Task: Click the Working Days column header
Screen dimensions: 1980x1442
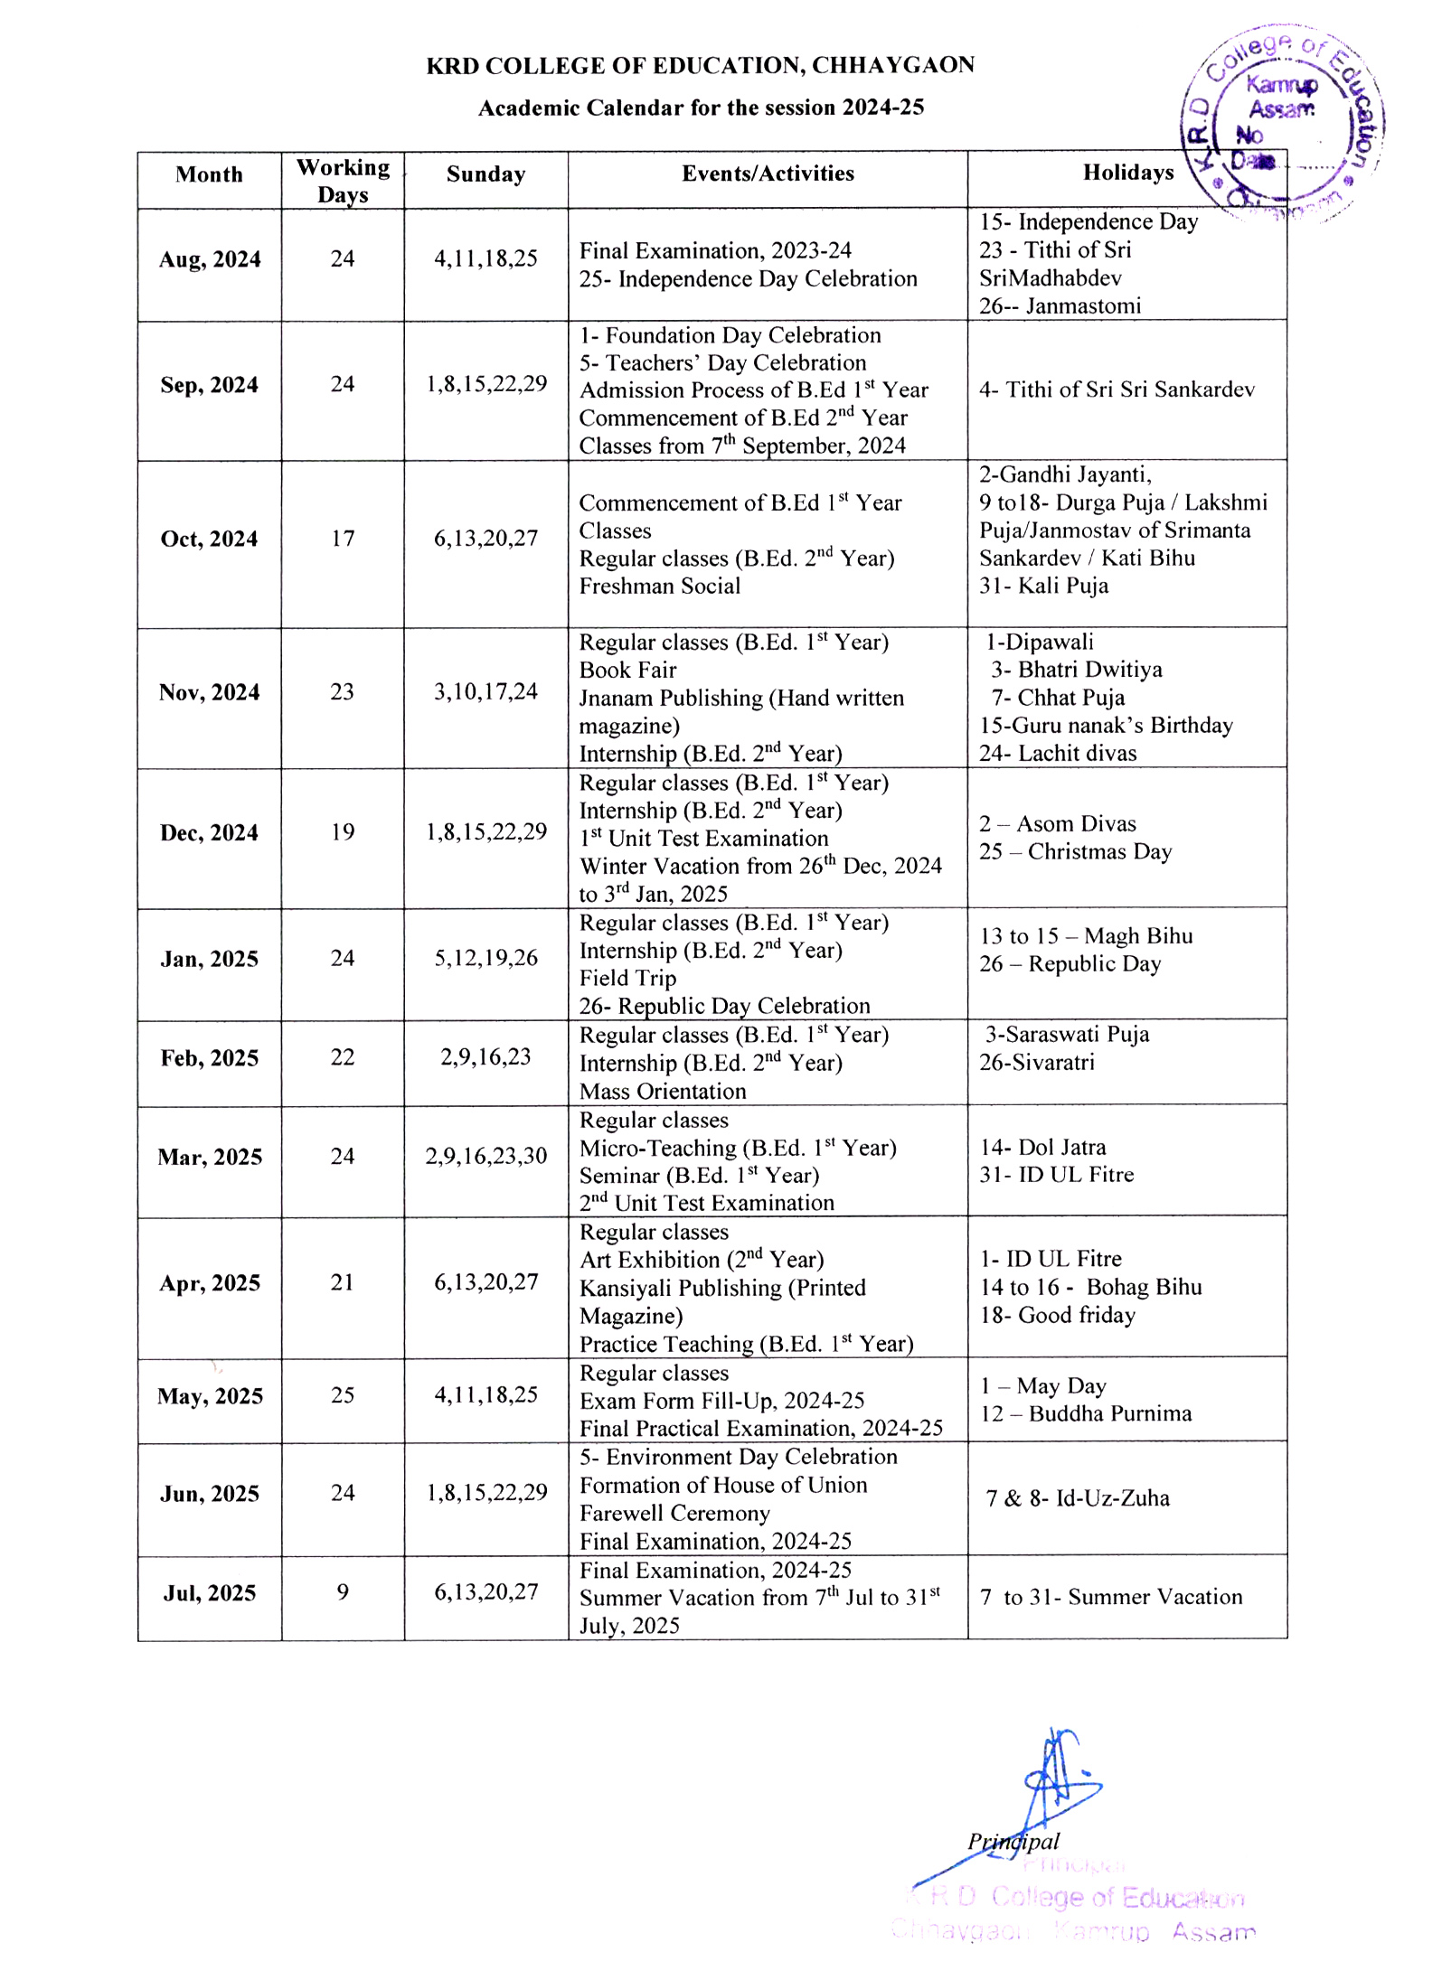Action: point(343,181)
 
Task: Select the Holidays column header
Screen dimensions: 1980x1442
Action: point(1127,173)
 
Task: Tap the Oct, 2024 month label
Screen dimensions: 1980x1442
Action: point(209,540)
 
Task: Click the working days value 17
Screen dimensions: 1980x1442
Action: point(343,539)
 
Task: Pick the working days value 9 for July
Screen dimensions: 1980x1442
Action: point(343,1591)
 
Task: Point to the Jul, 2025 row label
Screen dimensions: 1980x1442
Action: point(209,1592)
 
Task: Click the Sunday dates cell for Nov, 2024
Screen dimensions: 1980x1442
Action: point(485,692)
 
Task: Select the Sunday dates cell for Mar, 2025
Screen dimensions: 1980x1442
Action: point(485,1157)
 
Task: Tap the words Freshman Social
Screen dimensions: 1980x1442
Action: point(659,586)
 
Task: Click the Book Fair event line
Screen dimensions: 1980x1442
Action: point(627,671)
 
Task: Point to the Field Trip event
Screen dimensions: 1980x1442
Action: point(627,979)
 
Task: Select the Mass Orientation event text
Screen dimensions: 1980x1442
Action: point(663,1092)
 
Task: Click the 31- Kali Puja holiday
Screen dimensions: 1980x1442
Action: point(1043,586)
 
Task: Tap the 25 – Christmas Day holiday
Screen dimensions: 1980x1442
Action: point(1075,852)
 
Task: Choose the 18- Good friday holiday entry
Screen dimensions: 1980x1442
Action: point(1057,1316)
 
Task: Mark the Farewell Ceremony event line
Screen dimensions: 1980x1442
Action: point(674,1513)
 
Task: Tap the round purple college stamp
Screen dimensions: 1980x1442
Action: point(1281,122)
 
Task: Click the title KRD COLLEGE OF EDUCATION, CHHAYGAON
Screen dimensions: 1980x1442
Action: point(700,66)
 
